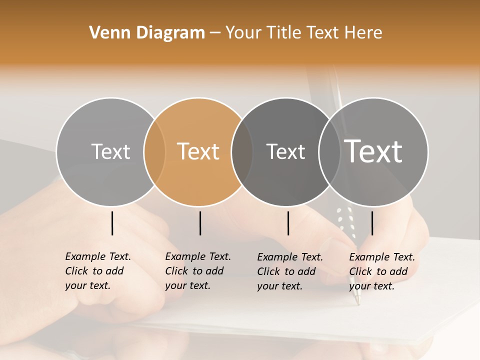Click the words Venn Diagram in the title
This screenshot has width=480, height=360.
tap(147, 33)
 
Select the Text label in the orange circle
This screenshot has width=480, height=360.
tap(198, 151)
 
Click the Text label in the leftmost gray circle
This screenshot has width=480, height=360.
tap(110, 151)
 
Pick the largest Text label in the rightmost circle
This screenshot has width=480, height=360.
tap(373, 151)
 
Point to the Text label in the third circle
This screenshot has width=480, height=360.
tap(285, 151)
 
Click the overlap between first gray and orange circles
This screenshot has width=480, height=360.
tap(154, 152)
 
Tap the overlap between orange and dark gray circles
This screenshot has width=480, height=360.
tap(242, 152)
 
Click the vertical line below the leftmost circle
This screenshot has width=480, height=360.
tap(112, 223)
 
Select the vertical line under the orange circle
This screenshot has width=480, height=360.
tap(200, 223)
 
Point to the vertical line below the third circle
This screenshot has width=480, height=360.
tap(288, 223)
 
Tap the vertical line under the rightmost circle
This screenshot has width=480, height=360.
tap(372, 223)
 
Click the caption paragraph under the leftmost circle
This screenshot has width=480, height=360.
tap(97, 271)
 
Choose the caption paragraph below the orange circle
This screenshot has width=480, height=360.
tap(197, 271)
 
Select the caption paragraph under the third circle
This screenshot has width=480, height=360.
tap(289, 271)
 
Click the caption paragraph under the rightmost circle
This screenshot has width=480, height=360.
tap(381, 271)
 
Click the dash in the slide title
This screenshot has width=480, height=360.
tap(215, 33)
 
